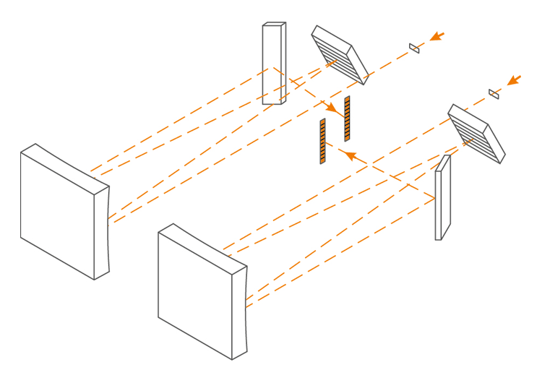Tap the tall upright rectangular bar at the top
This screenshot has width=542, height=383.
click(x=272, y=65)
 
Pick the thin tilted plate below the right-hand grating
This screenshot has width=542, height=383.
click(x=442, y=199)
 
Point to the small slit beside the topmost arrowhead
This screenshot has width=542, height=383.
click(x=414, y=48)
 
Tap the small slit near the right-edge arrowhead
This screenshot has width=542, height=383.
click(x=494, y=94)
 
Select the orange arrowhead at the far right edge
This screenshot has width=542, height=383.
click(x=514, y=79)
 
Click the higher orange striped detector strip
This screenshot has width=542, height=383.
click(x=347, y=119)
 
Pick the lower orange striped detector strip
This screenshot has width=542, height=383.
click(x=322, y=142)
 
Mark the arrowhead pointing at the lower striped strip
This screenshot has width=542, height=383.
click(x=349, y=155)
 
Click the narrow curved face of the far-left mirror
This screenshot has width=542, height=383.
click(x=102, y=231)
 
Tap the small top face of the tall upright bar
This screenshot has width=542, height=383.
click(x=275, y=25)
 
